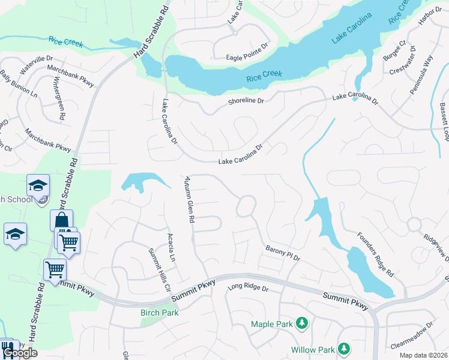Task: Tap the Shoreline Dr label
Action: click(246, 101)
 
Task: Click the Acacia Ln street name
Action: click(171, 247)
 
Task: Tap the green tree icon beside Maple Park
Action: click(302, 325)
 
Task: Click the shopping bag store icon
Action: click(61, 221)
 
